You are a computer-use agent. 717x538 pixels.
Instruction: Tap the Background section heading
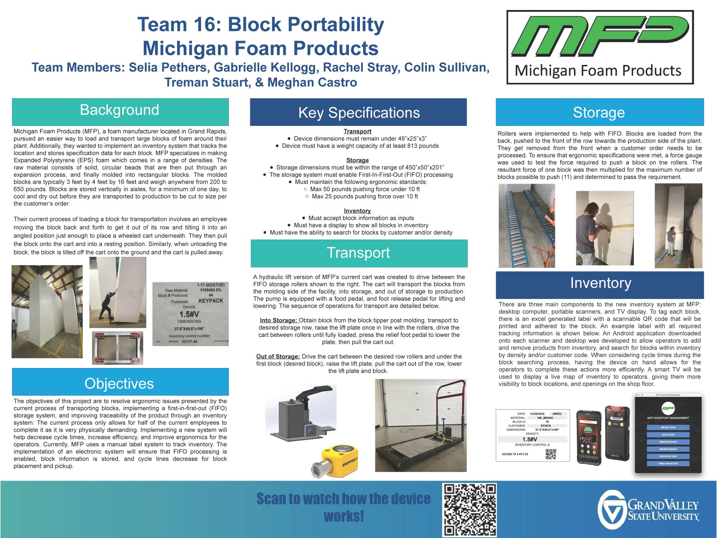119,110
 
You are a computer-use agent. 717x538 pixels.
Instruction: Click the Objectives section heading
119,384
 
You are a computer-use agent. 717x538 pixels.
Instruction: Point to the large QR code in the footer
470,509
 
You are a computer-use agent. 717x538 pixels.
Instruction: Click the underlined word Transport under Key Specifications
357,131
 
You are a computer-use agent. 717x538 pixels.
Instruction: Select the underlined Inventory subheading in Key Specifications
357,211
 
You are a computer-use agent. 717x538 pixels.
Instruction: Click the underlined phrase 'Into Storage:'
279,320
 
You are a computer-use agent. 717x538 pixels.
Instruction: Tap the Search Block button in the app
668,449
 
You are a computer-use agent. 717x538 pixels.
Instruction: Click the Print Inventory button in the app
668,463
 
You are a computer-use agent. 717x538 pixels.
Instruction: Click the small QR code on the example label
551,454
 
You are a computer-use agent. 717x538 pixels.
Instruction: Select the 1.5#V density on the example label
530,439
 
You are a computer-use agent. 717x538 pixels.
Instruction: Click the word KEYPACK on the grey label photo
211,301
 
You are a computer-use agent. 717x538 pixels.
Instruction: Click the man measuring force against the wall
588,233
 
